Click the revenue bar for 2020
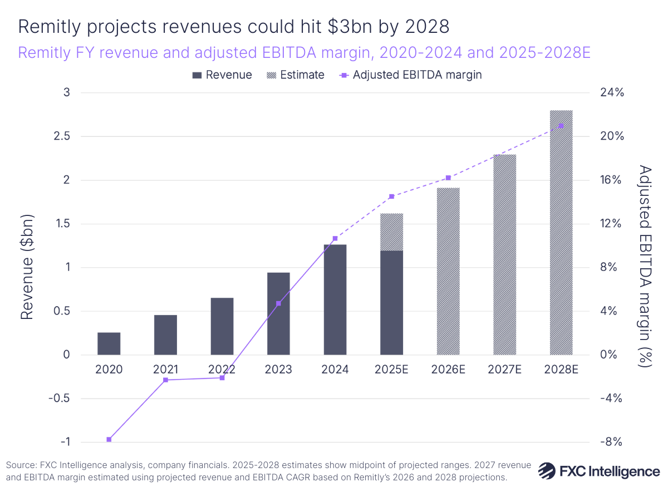pyautogui.click(x=109, y=343)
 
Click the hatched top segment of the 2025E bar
pyautogui.click(x=391, y=232)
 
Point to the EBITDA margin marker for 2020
pyautogui.click(x=109, y=440)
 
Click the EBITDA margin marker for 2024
pyautogui.click(x=335, y=238)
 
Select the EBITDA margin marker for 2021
pyautogui.click(x=165, y=380)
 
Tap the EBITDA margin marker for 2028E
pyautogui.click(x=561, y=125)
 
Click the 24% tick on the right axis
pyautogui.click(x=612, y=92)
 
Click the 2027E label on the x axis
pyautogui.click(x=504, y=370)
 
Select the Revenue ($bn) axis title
pyautogui.click(x=27, y=267)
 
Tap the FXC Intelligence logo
pyautogui.click(x=599, y=471)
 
